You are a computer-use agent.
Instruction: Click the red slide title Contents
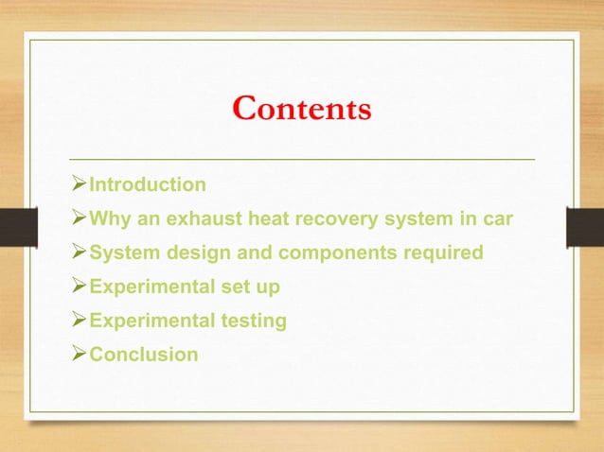[302, 110]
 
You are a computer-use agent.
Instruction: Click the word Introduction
[147, 184]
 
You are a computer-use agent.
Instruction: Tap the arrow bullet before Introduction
[80, 184]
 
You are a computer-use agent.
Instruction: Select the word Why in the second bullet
[108, 219]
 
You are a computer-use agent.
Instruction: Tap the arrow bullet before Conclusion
[80, 356]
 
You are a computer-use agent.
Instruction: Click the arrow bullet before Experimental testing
[80, 322]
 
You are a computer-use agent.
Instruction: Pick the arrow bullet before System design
[80, 253]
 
